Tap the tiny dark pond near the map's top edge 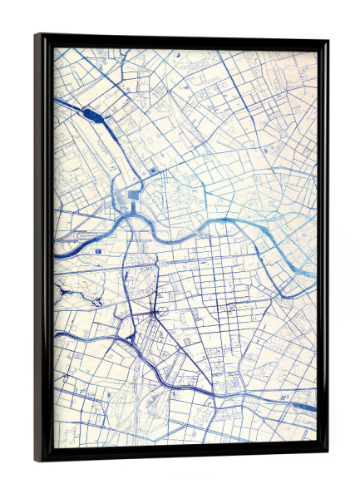click(177, 54)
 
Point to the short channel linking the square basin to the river click(131, 211)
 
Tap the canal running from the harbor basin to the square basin click(116, 158)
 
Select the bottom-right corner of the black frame click(327, 454)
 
